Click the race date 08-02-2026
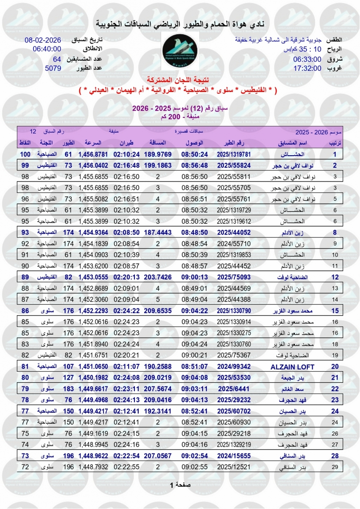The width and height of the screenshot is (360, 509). click(x=43, y=40)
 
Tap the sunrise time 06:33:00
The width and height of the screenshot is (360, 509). click(x=308, y=59)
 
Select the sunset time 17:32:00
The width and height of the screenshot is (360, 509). click(x=308, y=68)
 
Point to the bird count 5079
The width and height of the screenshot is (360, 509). click(x=53, y=68)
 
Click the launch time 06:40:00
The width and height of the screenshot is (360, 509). click(x=47, y=49)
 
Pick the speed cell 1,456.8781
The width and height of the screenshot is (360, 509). click(x=93, y=154)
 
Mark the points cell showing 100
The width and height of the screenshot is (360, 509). click(x=25, y=154)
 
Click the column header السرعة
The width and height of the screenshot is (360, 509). click(x=93, y=143)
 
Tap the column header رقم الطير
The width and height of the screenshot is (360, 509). click(x=234, y=143)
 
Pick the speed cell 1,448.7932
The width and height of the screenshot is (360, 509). click(x=93, y=467)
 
